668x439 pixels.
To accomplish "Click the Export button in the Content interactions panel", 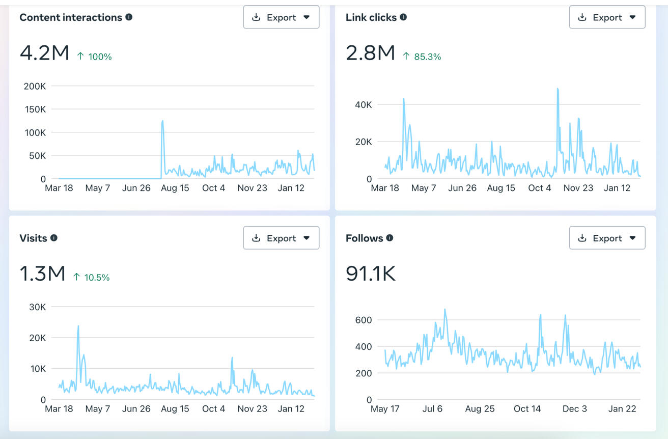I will coord(281,17).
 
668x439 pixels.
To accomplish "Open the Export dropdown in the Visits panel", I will coord(281,238).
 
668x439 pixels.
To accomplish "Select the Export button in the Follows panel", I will coord(607,238).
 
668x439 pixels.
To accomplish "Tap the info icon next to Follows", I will coord(389,238).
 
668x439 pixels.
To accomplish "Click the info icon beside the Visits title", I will coord(54,238).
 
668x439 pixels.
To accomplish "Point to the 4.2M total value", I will coord(44,53).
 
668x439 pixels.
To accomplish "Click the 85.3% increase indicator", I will coord(422,57).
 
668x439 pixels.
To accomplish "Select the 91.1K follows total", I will coord(370,273).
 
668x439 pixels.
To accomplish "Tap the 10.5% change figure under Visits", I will coord(91,277).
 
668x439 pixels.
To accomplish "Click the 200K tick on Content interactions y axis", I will coord(35,86).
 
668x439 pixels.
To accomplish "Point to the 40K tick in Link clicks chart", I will coord(364,104).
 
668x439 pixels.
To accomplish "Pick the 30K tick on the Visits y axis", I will coord(38,307).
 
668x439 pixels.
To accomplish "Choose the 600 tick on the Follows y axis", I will coord(364,320).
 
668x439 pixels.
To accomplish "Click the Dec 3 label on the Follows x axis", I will coord(574,408).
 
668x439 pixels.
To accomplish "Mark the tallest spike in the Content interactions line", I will coord(162,121).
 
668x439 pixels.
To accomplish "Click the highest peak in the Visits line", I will coord(78,326).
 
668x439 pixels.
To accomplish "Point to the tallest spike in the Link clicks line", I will coord(558,89).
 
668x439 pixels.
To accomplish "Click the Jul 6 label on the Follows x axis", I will coord(432,408).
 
